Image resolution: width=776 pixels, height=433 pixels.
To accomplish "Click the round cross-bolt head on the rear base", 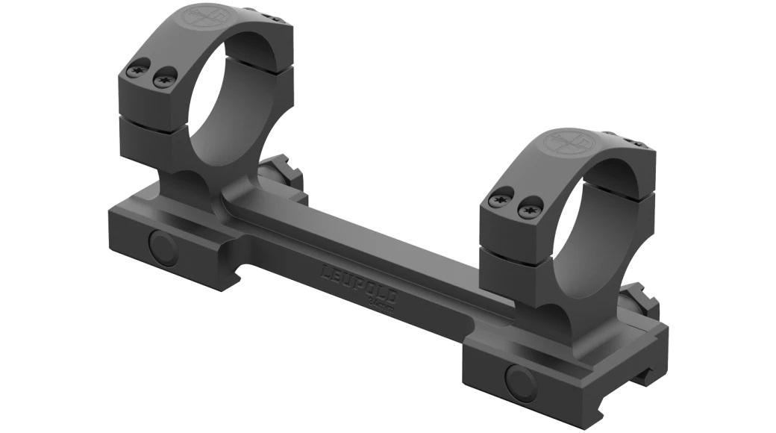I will tap(163, 249).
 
